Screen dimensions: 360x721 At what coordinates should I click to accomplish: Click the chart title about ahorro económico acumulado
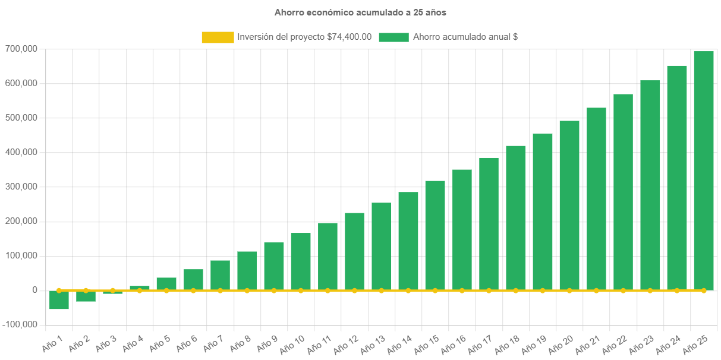pos(360,12)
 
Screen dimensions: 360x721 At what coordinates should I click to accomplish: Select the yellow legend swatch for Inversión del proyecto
pos(218,37)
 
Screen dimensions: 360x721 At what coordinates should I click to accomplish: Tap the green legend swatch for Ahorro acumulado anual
pos(393,37)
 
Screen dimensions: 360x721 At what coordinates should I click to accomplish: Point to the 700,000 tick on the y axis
pos(21,49)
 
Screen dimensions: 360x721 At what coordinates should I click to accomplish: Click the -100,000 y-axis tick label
pos(20,324)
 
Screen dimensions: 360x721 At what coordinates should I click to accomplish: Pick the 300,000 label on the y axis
pos(21,187)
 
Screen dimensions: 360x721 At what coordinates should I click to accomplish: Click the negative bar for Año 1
pos(59,300)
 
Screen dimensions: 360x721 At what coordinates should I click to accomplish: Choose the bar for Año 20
pos(569,206)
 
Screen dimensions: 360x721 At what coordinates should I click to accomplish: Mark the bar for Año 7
pos(220,275)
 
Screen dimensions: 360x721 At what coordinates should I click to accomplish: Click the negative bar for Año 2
pos(86,296)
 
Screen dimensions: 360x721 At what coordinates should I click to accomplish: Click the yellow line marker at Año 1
pos(59,290)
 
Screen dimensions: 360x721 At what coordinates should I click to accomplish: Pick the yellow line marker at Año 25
pos(704,290)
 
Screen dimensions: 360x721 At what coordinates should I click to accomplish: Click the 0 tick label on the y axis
pos(35,290)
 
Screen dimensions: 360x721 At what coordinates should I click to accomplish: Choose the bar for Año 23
pos(650,185)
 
